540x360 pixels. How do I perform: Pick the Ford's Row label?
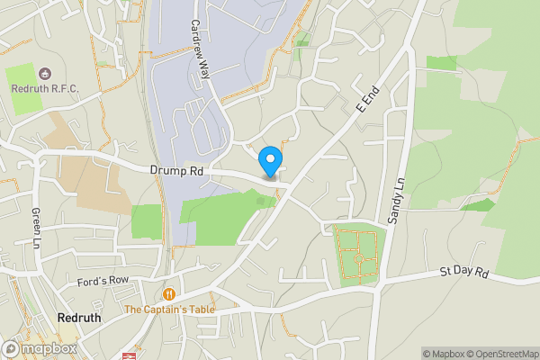pyautogui.click(x=103, y=281)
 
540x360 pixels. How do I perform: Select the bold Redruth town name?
pyautogui.click(x=78, y=318)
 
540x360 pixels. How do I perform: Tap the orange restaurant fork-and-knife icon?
pyautogui.click(x=169, y=294)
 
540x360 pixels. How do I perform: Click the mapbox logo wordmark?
pyautogui.click(x=41, y=348)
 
